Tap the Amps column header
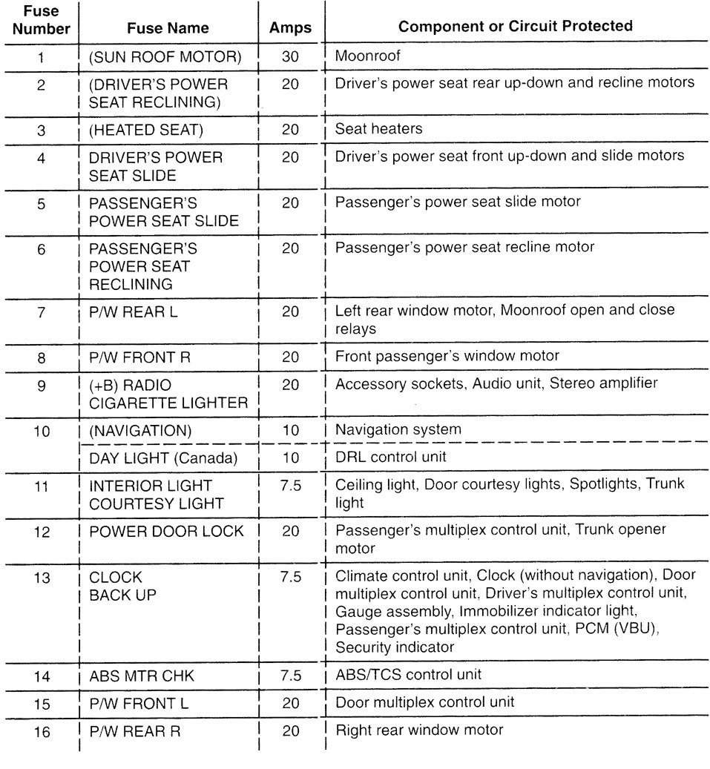[290, 28]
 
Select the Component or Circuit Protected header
[516, 27]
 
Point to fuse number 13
[42, 576]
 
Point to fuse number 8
[42, 357]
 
